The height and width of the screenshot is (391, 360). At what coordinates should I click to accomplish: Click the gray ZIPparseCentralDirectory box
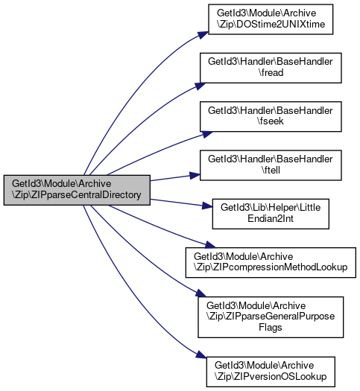(77, 190)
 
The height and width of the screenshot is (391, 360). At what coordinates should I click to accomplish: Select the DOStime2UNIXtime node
(271, 19)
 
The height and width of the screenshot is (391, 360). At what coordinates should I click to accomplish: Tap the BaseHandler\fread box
(271, 68)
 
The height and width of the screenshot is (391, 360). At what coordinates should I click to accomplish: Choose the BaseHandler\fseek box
(271, 116)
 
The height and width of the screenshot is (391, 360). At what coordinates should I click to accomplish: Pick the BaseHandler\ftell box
(271, 165)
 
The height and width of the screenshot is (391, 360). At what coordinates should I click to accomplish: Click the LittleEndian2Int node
(271, 214)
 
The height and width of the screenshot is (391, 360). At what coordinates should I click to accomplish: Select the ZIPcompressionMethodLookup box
(271, 262)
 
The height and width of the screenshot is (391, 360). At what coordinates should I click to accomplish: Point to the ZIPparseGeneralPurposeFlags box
(271, 317)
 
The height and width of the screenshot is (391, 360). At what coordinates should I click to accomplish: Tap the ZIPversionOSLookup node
(271, 372)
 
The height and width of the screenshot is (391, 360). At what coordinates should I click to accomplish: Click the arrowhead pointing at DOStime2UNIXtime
(203, 35)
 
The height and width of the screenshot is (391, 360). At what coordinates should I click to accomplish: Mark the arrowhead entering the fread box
(200, 86)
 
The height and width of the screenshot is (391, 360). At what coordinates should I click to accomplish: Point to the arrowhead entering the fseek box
(206, 134)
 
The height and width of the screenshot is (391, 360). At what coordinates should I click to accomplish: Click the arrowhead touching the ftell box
(195, 175)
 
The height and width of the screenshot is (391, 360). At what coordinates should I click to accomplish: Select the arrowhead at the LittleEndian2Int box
(207, 206)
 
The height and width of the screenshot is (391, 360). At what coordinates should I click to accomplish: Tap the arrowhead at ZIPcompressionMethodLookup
(209, 245)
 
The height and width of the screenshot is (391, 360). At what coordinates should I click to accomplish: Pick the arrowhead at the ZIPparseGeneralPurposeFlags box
(200, 293)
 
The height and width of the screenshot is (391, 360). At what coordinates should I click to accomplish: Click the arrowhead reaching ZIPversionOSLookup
(201, 355)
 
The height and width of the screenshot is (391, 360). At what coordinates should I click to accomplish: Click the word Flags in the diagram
(271, 327)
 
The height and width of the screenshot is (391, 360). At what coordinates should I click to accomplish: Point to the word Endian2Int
(271, 219)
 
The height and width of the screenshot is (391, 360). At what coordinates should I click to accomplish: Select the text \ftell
(271, 170)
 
